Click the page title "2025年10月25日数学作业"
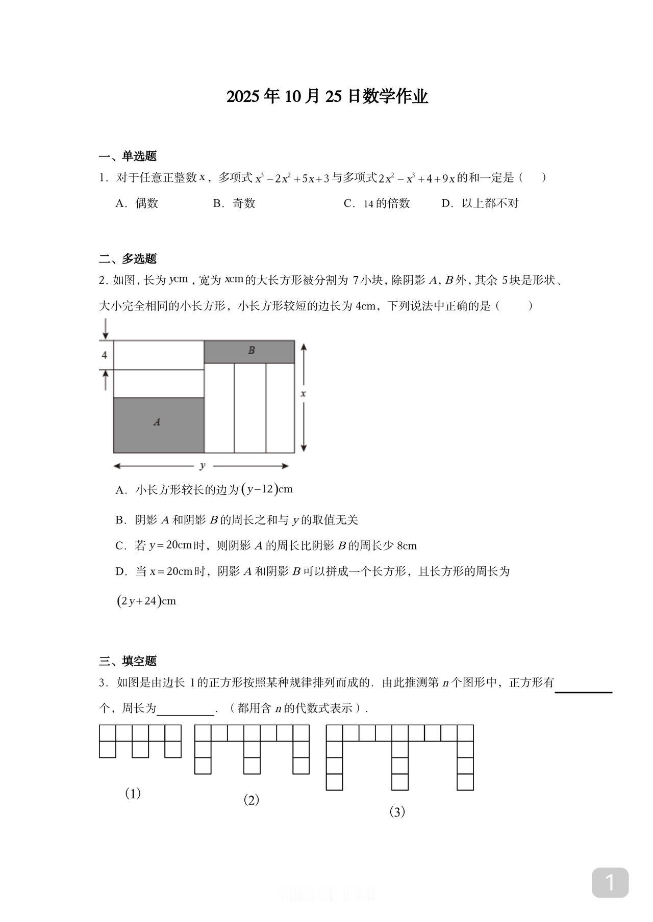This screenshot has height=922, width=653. pyautogui.click(x=326, y=96)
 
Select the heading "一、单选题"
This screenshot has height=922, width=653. pyautogui.click(x=128, y=156)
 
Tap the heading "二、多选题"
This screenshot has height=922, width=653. pyautogui.click(x=128, y=258)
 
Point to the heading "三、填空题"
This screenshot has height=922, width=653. pyautogui.click(x=128, y=661)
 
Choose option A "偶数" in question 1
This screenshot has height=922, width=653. pyautogui.click(x=138, y=203)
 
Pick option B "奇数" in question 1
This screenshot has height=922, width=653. pyautogui.click(x=235, y=203)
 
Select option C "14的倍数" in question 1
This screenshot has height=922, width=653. pyautogui.click(x=378, y=203)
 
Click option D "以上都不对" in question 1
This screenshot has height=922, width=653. pyautogui.click(x=481, y=203)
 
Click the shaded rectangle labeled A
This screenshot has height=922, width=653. pyautogui.click(x=158, y=425)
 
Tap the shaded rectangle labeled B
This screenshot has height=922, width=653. pyautogui.click(x=249, y=351)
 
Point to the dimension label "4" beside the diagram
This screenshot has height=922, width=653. pyautogui.click(x=105, y=355)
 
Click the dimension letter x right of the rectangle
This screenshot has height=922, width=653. pyautogui.click(x=303, y=393)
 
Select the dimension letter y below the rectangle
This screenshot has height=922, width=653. pyautogui.click(x=203, y=465)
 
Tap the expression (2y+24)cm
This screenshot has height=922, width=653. pyautogui.click(x=146, y=601)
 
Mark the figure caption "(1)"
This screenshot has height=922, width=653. pyautogui.click(x=133, y=794)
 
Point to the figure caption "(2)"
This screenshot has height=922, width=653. pyautogui.click(x=251, y=800)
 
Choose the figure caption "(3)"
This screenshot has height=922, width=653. pyautogui.click(x=397, y=812)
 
